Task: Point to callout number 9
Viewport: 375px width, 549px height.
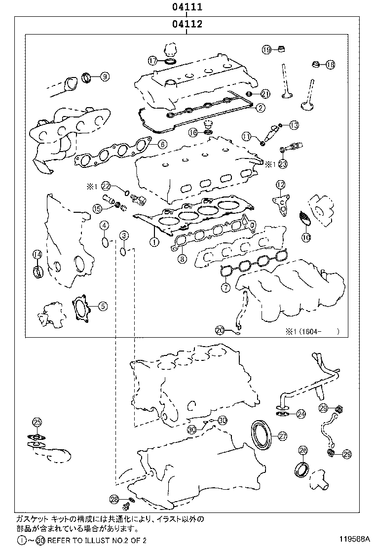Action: pyautogui.click(x=105, y=76)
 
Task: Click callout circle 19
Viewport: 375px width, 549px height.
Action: pyautogui.click(x=266, y=49)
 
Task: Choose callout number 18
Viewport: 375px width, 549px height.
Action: pyautogui.click(x=330, y=65)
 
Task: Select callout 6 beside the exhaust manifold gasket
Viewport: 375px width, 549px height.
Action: pyautogui.click(x=162, y=145)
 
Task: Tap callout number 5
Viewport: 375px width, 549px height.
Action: pyautogui.click(x=102, y=306)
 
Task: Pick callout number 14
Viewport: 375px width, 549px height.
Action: pyautogui.click(x=37, y=254)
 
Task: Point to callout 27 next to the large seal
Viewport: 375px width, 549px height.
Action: pyautogui.click(x=282, y=436)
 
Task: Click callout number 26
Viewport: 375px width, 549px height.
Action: pyautogui.click(x=303, y=450)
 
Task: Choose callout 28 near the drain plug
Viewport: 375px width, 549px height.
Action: pyautogui.click(x=114, y=500)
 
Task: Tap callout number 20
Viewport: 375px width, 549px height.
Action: pyautogui.click(x=220, y=330)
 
